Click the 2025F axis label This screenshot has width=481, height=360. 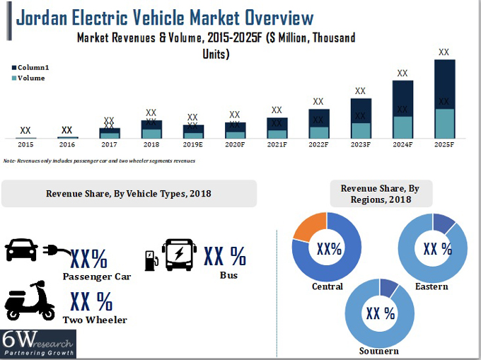[444, 144]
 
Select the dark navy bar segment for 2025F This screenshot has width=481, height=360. [444, 83]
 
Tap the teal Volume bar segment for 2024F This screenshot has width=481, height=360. [402, 127]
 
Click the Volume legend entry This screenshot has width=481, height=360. [28, 79]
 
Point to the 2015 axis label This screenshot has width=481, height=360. [25, 144]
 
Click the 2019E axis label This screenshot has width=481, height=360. [192, 144]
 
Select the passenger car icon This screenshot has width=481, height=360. [22, 250]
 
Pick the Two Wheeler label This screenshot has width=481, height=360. [95, 320]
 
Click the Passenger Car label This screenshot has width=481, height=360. [96, 276]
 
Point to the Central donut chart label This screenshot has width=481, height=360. [327, 286]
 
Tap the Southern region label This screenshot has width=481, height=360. [378, 351]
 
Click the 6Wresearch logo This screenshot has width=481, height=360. [38, 344]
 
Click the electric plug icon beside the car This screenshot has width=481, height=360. [55, 250]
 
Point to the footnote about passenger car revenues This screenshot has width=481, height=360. [99, 161]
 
